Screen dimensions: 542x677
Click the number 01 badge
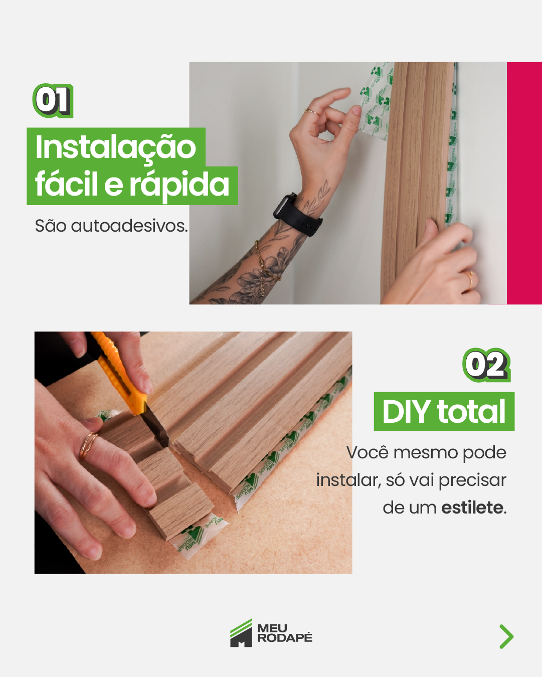coord(53,101)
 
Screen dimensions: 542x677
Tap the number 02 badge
coord(486,365)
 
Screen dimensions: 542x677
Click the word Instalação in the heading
coord(116,147)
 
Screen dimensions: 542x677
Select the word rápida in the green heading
coord(179,185)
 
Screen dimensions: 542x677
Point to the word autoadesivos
coord(129,226)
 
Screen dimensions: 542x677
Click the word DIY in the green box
coord(407,411)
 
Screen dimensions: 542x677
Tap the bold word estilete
coord(472,507)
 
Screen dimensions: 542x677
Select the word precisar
coord(472,481)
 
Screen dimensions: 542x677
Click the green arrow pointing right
coord(507,636)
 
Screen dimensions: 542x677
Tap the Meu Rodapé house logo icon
coord(241,633)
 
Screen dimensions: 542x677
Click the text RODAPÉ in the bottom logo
coord(285,638)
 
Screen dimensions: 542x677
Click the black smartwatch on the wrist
coord(297,216)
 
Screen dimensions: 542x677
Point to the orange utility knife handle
coord(119,373)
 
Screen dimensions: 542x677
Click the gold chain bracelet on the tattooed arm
coord(265,265)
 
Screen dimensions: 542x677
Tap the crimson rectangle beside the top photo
coord(524,183)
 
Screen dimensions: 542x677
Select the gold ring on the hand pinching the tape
coord(311,111)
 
